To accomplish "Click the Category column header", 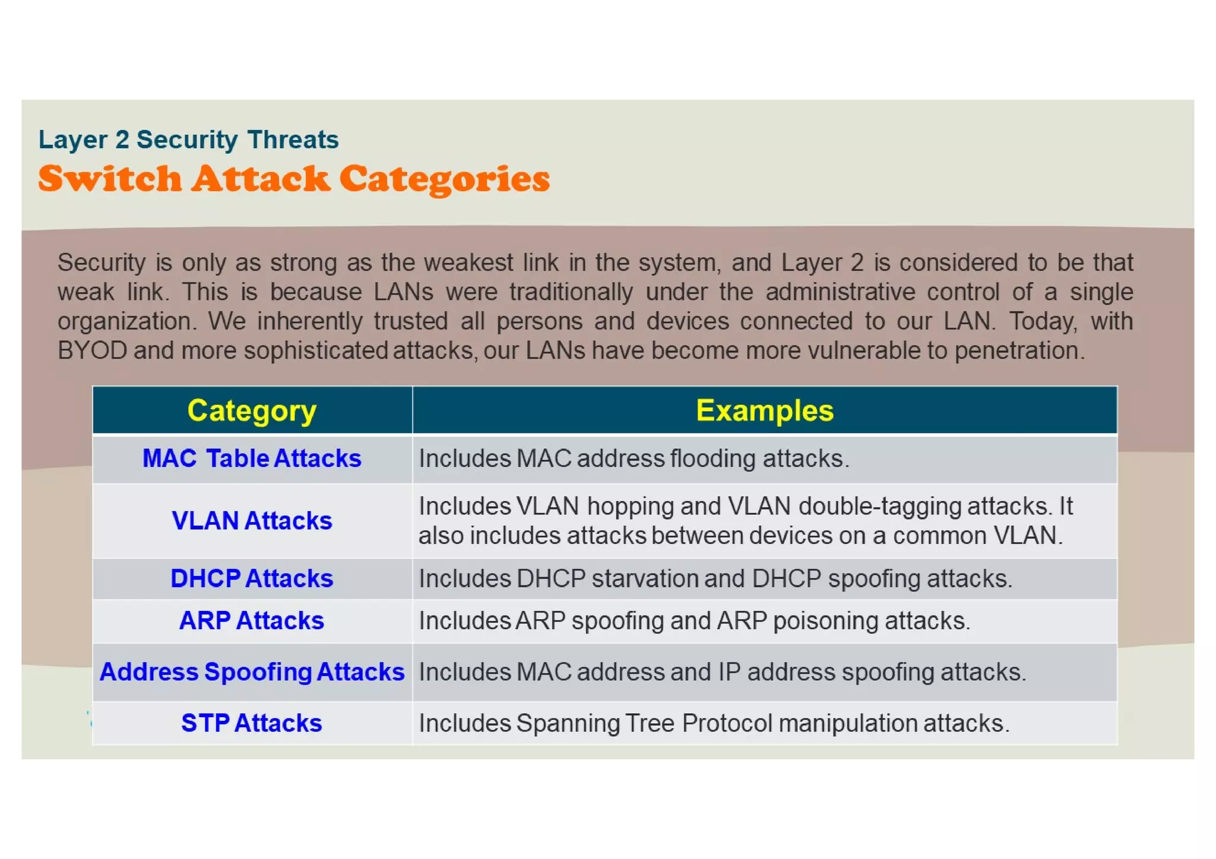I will point(252,411).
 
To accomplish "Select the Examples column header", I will point(764,411).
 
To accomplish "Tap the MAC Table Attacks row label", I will point(252,459).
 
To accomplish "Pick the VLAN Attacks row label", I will point(252,521).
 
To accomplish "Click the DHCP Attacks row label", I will point(252,578).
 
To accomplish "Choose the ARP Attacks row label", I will point(252,620).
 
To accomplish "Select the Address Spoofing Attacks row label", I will point(252,672).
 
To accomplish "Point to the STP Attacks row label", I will point(252,723).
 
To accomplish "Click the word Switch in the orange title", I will point(110,179).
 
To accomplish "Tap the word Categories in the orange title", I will point(445,179).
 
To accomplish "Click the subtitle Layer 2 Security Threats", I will point(188,140).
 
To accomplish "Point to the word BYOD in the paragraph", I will point(92,351).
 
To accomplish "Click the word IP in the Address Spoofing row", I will point(729,673).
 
